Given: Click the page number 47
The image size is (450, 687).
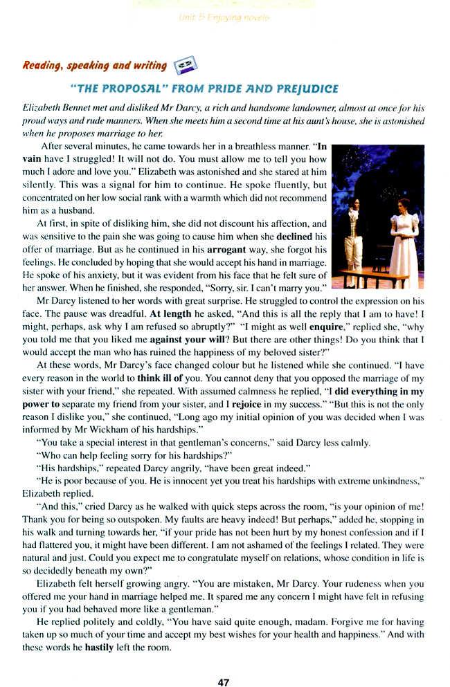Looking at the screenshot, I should pos(223,663).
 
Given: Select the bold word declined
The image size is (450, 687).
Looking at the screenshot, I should pos(294,236).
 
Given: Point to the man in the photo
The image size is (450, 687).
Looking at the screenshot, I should pos(355,235).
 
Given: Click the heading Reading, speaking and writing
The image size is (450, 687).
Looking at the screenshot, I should pos(95,66).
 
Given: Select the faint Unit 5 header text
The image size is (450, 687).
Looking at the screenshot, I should pos(223,17).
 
